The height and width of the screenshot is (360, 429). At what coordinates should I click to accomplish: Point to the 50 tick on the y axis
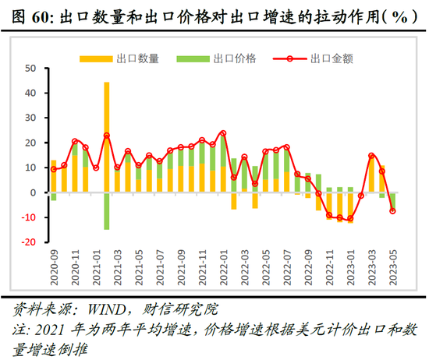click(32, 69)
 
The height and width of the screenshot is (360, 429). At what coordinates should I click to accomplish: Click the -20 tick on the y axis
click(28, 242)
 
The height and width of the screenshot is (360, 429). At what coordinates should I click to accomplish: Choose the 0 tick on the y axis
click(34, 192)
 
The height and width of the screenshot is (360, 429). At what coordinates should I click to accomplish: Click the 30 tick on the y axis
click(32, 118)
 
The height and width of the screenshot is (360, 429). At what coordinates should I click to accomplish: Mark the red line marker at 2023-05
click(392, 210)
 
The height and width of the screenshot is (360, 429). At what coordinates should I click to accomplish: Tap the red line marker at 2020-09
click(54, 169)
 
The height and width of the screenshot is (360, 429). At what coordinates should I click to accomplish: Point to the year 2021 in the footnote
click(46, 327)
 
